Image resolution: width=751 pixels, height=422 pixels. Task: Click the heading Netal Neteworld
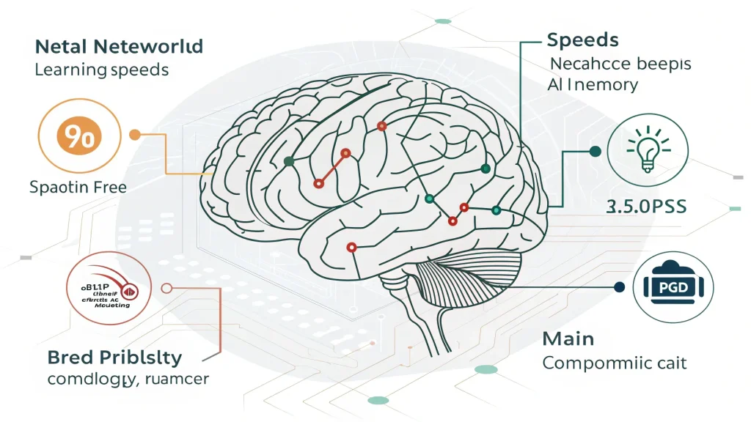pyautogui.click(x=119, y=47)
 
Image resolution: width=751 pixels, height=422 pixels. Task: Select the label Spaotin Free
pyautogui.click(x=78, y=187)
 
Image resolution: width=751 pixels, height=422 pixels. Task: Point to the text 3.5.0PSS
pyautogui.click(x=646, y=207)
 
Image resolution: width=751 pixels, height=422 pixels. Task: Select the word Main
pyautogui.click(x=568, y=338)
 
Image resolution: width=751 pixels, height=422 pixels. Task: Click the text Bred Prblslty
pyautogui.click(x=114, y=358)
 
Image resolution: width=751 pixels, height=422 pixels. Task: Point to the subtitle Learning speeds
pyautogui.click(x=101, y=70)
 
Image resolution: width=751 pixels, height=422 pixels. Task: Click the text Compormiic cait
pyautogui.click(x=615, y=363)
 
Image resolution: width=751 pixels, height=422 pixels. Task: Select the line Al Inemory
pyautogui.click(x=593, y=85)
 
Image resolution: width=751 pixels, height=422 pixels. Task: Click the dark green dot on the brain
pyautogui.click(x=289, y=161)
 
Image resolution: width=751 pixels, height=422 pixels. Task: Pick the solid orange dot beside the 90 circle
pyautogui.click(x=134, y=135)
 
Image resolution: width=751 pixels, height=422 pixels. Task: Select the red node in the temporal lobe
pyautogui.click(x=351, y=248)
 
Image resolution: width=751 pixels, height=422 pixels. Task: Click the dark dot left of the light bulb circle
pyautogui.click(x=595, y=152)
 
